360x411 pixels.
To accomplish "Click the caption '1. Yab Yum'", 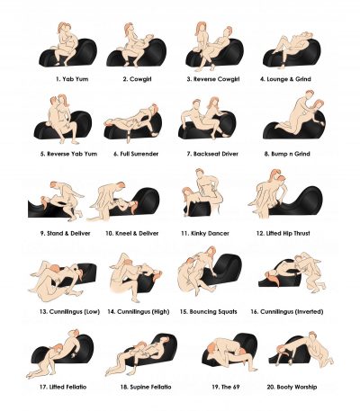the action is [x=72, y=79].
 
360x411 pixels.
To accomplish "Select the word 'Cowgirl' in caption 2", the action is [x=140, y=79].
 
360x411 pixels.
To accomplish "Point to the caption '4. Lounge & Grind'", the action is [x=285, y=79].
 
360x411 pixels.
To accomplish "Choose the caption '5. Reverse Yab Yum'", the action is [x=68, y=154].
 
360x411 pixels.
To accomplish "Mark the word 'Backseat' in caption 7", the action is [x=206, y=154].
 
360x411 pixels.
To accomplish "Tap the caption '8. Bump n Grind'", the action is [x=287, y=154].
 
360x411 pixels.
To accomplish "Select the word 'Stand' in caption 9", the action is [x=55, y=233].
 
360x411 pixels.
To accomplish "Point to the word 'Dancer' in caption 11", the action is [x=218, y=233].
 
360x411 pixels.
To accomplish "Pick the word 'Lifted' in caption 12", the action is [x=274, y=233].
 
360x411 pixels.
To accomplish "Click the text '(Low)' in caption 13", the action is [x=92, y=312].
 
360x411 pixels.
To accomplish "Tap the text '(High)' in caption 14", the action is [x=161, y=312].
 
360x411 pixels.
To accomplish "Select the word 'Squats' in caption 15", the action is [x=226, y=312].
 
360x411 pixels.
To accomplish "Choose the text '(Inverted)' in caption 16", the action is [x=309, y=312].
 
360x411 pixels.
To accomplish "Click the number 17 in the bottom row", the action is [x=43, y=387].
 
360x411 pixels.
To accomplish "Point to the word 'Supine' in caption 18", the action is [x=139, y=387].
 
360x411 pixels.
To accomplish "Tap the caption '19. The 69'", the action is [x=226, y=387].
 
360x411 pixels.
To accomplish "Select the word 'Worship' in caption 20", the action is [x=305, y=387].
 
